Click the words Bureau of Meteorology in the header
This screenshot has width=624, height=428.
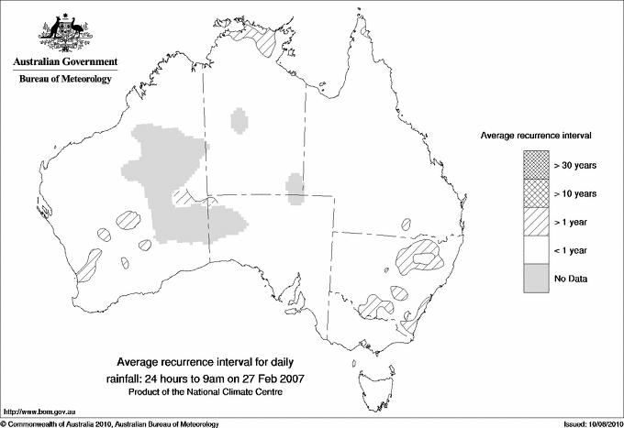click(65, 80)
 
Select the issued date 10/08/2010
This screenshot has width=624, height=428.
click(600, 423)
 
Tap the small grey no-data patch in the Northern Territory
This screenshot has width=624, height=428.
click(240, 120)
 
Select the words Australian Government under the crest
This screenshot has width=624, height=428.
click(65, 62)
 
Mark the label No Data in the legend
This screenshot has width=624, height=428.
click(570, 279)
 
